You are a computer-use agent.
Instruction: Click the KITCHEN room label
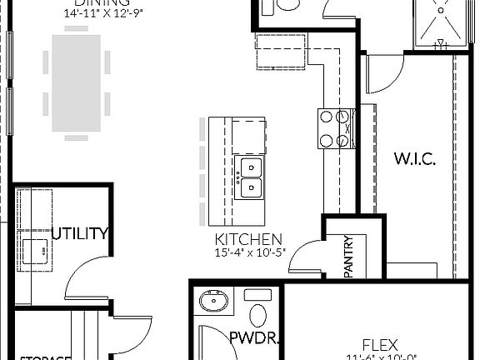(248, 239)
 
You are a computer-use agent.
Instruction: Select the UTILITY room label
(80, 233)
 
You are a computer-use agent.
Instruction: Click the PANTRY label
(350, 257)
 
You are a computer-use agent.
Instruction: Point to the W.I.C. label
(414, 159)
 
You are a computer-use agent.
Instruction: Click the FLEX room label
(379, 344)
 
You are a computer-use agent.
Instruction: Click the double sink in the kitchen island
(249, 177)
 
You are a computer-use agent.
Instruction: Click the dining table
(75, 82)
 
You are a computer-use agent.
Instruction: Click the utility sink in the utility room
(35, 249)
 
